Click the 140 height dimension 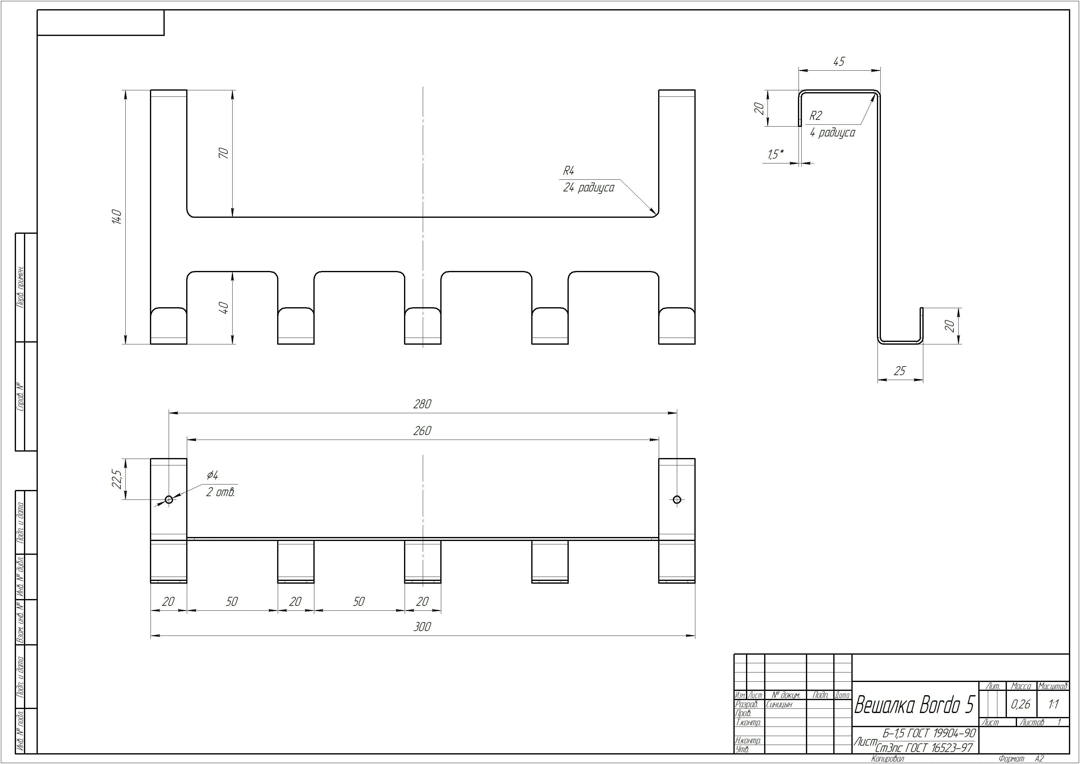click(117, 217)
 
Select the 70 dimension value click(224, 153)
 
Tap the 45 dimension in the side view click(839, 62)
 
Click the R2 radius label click(815, 116)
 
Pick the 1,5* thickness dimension click(776, 154)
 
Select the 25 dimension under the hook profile click(899, 371)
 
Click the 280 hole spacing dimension click(422, 404)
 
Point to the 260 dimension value click(422, 431)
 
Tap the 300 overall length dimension click(422, 627)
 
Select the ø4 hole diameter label click(212, 475)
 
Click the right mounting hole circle click(677, 500)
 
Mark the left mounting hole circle click(169, 500)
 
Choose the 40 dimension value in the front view click(224, 308)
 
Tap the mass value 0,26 click(1020, 704)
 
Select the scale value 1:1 click(1054, 704)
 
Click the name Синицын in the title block click(779, 705)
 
